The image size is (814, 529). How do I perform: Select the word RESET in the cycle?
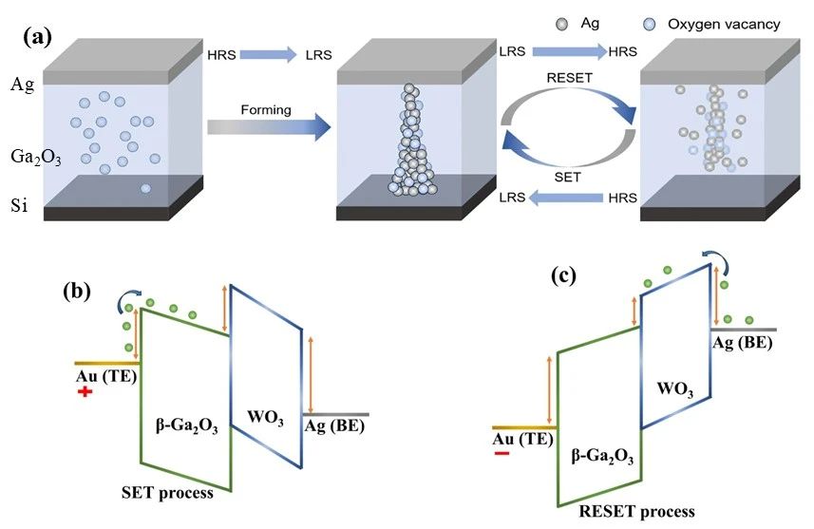(565, 79)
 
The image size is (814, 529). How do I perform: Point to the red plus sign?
(85, 391)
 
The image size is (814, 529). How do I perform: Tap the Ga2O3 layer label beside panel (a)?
(35, 159)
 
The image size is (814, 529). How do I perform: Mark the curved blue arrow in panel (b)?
(124, 302)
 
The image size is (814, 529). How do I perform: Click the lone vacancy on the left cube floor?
(146, 189)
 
